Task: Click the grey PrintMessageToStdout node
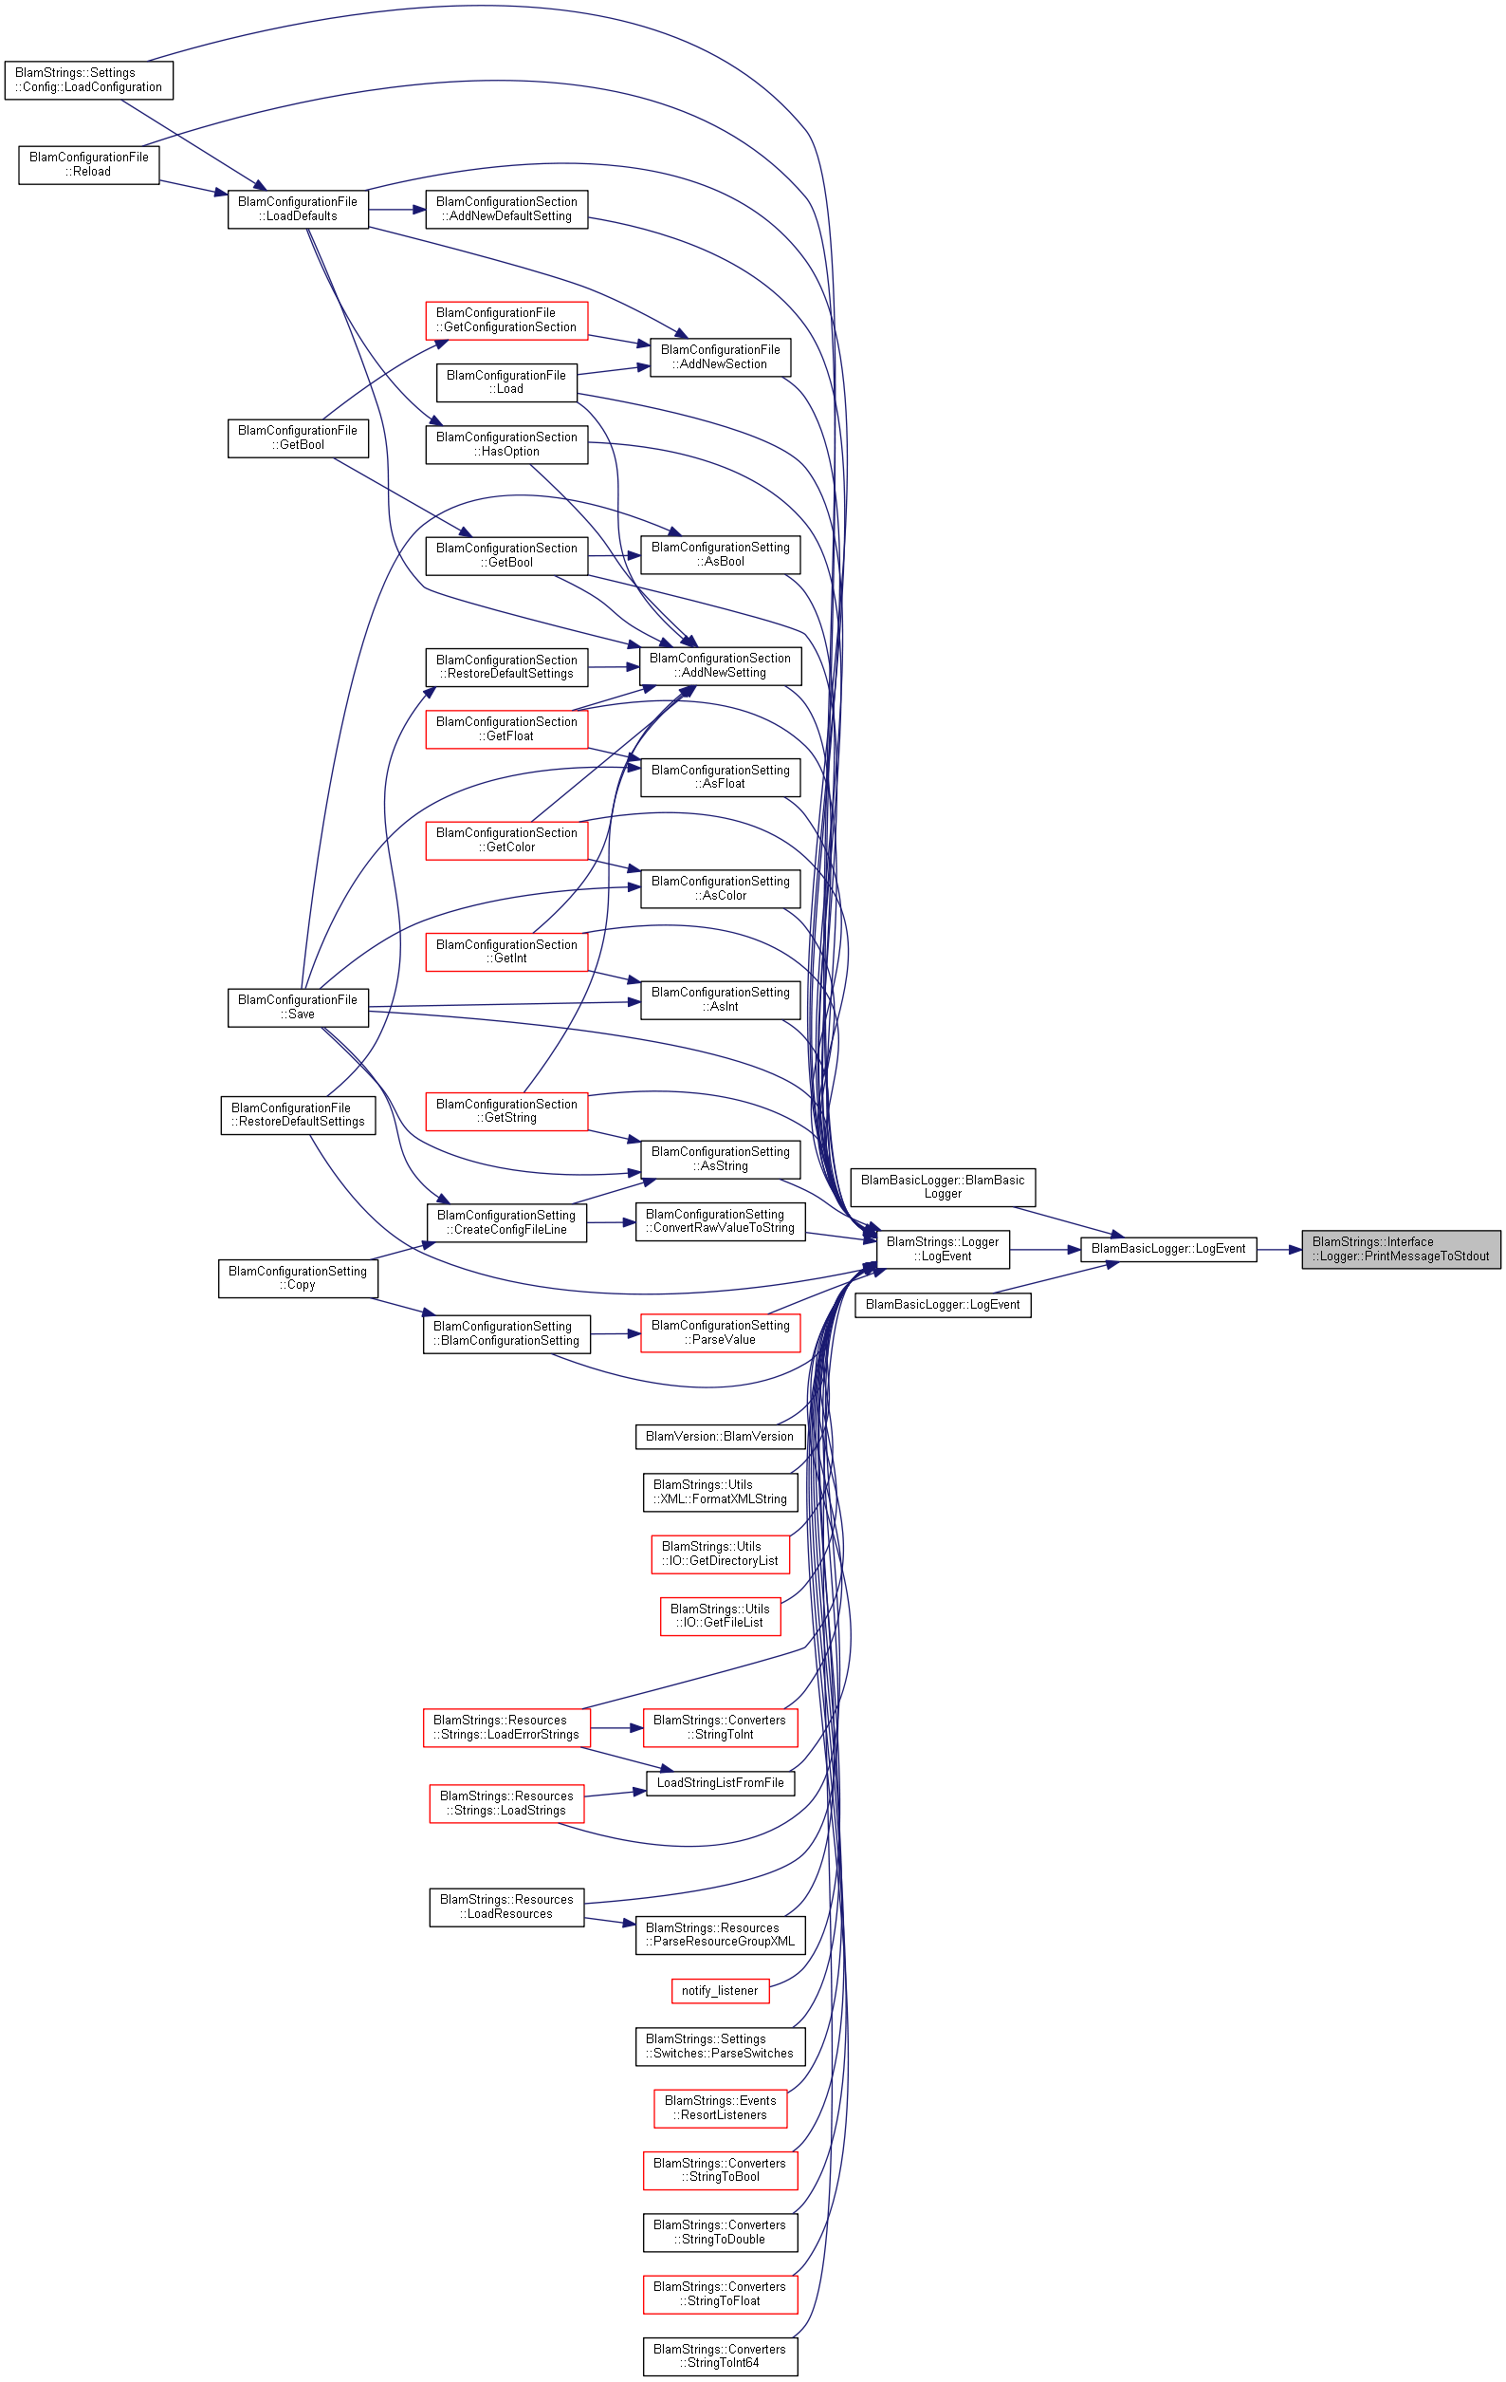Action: click(1400, 1249)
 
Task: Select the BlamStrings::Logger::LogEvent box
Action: click(943, 1249)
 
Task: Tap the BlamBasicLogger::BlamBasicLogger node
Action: click(943, 1187)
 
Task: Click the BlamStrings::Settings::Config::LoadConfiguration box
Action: click(89, 80)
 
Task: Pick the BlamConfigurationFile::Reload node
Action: click(89, 164)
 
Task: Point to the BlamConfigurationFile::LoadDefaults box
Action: click(298, 209)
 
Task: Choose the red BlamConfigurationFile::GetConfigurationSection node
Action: click(506, 321)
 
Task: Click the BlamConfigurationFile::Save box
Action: click(298, 1007)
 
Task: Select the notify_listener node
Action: click(720, 1990)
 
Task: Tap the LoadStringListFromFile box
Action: click(720, 1782)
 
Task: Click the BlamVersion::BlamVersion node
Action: click(720, 1437)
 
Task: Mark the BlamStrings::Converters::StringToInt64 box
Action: click(720, 2355)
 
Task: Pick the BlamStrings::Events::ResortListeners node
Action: click(720, 2108)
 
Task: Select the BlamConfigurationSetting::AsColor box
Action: click(720, 888)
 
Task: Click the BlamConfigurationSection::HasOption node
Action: click(506, 444)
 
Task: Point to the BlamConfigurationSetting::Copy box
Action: click(298, 1278)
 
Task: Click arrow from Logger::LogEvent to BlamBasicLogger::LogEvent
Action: click(1045, 1249)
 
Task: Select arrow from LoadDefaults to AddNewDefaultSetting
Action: click(396, 209)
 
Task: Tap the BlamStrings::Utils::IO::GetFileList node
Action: click(720, 1615)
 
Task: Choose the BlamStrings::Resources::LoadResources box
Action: click(506, 1907)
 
